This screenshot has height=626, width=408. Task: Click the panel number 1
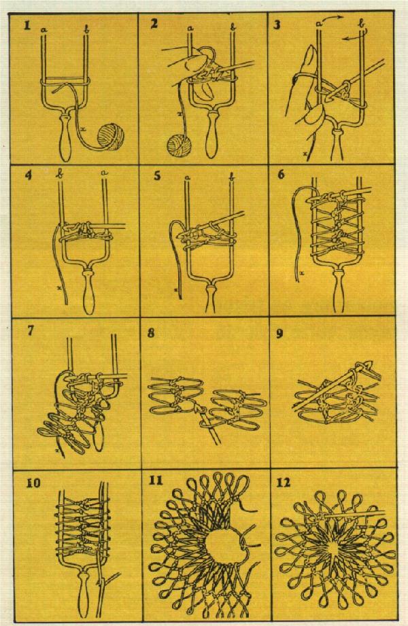[x=27, y=26]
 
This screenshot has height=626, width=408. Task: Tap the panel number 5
[x=158, y=175]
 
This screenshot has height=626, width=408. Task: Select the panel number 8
[x=151, y=333]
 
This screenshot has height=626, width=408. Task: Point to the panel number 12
[x=283, y=483]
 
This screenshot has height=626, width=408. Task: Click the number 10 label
[x=33, y=483]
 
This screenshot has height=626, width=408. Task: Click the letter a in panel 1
[x=44, y=29]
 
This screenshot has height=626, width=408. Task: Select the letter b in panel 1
[x=86, y=29]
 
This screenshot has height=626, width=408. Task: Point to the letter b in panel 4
[x=61, y=175]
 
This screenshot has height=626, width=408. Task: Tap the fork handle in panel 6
[x=338, y=290]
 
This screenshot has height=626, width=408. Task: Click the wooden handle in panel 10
[x=85, y=595]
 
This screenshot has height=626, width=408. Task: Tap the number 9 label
[x=279, y=333]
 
